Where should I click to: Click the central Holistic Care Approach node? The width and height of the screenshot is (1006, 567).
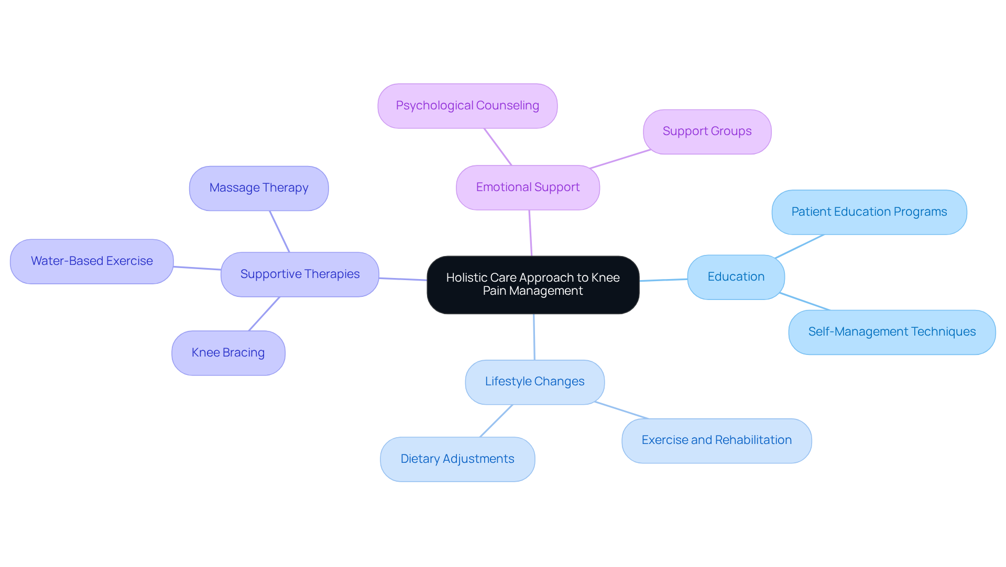coord(533,285)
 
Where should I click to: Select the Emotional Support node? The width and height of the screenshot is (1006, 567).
coord(528,187)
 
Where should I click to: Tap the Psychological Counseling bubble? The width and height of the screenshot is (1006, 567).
coord(467,106)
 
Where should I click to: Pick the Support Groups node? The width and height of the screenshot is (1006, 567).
coord(707,131)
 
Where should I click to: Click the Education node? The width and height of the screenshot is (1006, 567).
coord(736,277)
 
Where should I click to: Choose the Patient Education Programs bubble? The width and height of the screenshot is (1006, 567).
coord(869,212)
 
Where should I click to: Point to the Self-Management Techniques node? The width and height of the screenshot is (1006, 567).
coord(891,332)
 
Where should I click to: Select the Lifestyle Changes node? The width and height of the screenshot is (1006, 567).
coord(534,382)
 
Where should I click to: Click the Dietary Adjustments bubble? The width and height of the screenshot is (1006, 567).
coord(457,459)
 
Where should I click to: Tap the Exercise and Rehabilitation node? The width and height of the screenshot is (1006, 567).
coord(716,440)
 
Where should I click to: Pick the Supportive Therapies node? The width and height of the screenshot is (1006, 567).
coord(300,274)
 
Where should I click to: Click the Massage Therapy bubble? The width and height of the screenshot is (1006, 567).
coord(259,188)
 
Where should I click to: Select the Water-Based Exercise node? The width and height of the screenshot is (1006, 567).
coord(92,261)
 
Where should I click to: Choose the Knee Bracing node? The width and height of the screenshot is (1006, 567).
coord(228,353)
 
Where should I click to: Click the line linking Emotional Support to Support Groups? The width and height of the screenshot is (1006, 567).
coord(620,159)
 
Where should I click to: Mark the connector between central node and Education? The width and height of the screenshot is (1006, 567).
coord(663,280)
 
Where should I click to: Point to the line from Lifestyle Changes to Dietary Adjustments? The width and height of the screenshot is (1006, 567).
coord(496,421)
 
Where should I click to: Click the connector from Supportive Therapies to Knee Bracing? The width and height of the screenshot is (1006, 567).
coord(264,314)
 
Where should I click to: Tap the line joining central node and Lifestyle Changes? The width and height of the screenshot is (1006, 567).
coord(534,337)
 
